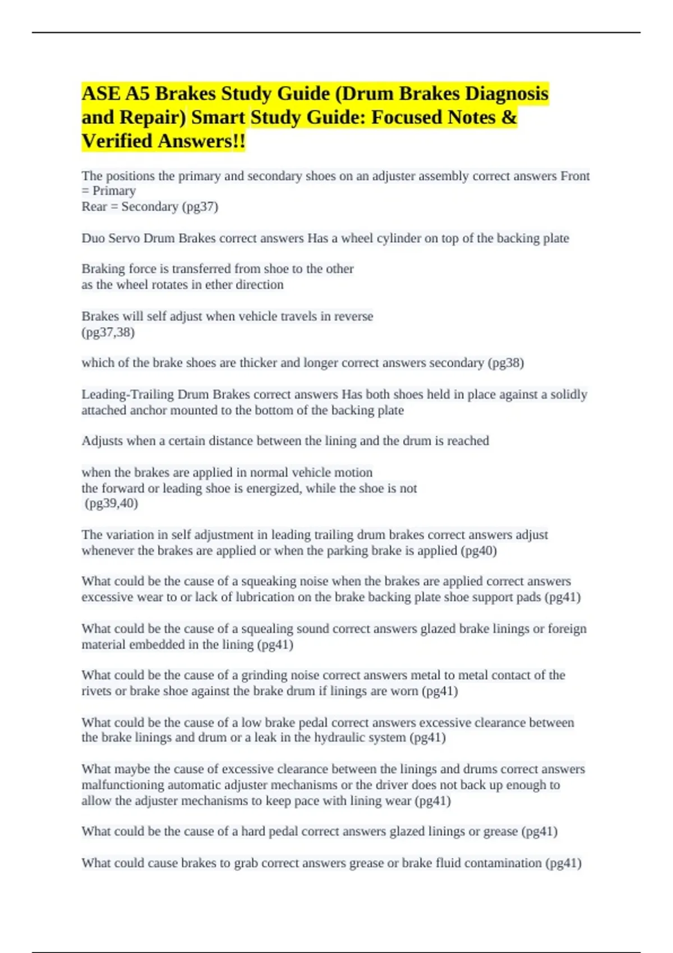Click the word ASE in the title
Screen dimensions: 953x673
coord(101,94)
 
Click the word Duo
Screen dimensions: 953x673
coord(93,238)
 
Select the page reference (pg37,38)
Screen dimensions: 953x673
coord(108,332)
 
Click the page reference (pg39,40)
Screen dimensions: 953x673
coord(112,503)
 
